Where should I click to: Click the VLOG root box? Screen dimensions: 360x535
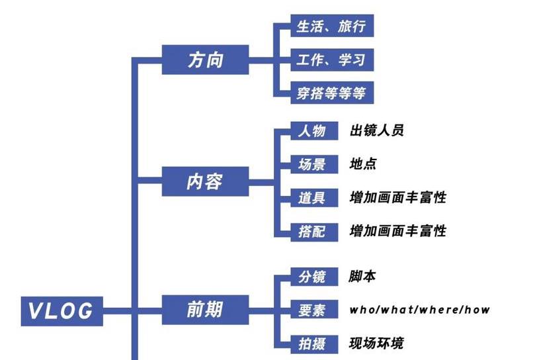(x=62, y=310)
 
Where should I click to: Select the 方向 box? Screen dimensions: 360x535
(x=205, y=61)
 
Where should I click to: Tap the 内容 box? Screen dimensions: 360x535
(x=205, y=181)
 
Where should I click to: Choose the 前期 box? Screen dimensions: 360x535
(x=205, y=309)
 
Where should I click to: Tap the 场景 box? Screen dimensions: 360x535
(x=310, y=163)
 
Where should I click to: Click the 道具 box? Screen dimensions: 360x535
(x=310, y=197)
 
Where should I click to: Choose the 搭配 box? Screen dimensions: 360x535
(x=310, y=231)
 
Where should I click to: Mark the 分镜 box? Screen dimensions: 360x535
(x=310, y=277)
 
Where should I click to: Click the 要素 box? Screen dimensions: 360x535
(x=310, y=309)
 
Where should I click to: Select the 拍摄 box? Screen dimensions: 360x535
(x=310, y=343)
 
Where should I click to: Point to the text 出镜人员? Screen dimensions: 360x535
(x=376, y=130)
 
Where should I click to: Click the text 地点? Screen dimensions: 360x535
(x=363, y=163)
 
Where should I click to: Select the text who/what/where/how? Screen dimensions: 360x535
(x=420, y=309)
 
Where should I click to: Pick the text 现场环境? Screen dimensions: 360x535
(x=376, y=343)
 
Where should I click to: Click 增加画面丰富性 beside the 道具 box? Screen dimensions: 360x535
(x=398, y=197)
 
